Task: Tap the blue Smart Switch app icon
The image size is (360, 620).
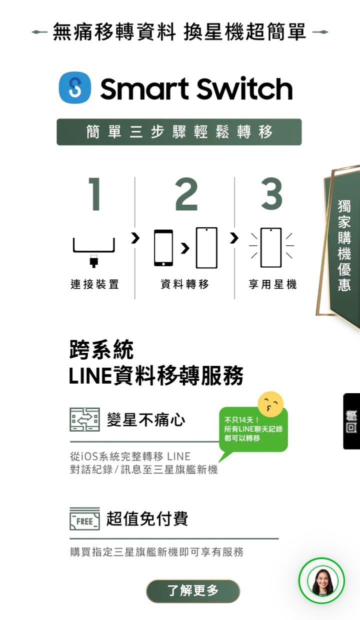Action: point(75,87)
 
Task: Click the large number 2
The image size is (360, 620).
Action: point(186,194)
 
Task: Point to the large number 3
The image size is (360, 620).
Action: point(271,194)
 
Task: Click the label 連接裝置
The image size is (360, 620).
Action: point(94,284)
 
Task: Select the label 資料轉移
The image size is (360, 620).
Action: point(184,284)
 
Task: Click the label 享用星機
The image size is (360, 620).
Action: point(272,284)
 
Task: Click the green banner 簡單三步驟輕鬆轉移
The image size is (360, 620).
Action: point(179,132)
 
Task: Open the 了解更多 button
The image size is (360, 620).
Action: point(193,591)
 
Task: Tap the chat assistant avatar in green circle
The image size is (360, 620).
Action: point(321,581)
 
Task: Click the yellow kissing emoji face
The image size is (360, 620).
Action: point(270,404)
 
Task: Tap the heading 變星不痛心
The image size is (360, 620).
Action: point(146,420)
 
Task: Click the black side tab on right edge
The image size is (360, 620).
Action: point(351,421)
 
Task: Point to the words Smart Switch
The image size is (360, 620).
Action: point(196,88)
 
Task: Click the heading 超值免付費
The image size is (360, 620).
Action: point(147,519)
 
